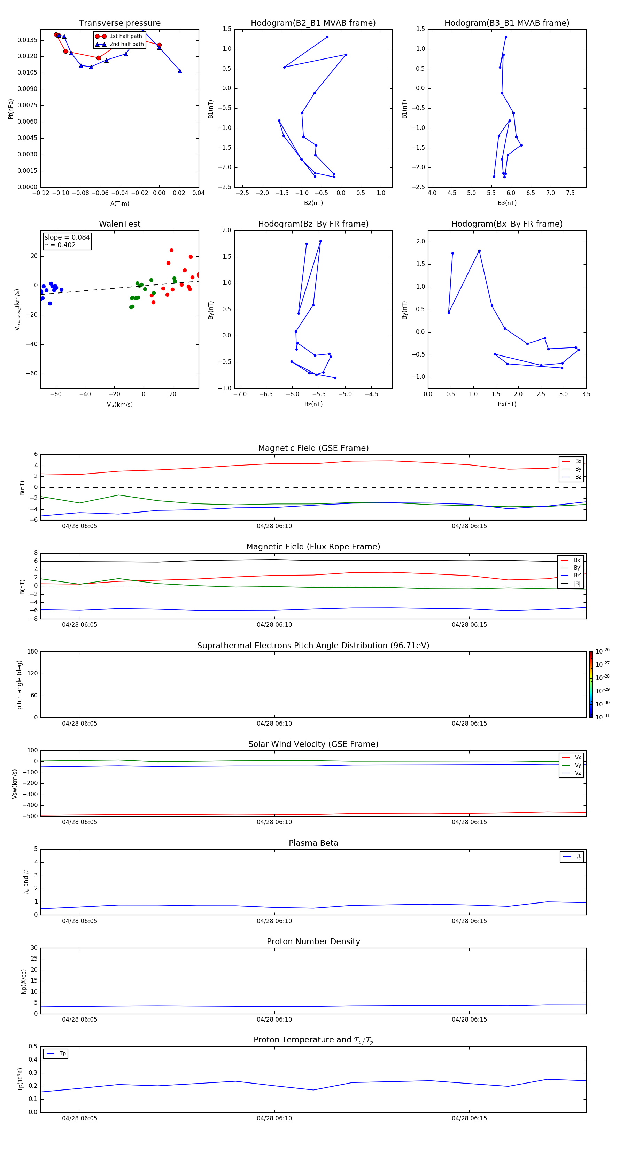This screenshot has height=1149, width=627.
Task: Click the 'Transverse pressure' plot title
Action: click(119, 23)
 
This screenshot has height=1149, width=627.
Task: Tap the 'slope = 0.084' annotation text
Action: click(67, 237)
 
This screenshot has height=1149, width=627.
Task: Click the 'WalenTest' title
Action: click(119, 224)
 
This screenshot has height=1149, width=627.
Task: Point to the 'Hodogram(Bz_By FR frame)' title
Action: click(313, 224)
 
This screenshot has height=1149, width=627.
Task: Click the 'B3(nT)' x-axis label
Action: click(507, 203)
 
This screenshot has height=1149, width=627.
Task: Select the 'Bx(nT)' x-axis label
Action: click(507, 404)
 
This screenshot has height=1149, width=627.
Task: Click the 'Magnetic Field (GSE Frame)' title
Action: click(313, 448)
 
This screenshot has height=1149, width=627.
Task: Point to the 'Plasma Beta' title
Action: click(313, 843)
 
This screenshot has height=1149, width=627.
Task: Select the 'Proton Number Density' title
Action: click(313, 941)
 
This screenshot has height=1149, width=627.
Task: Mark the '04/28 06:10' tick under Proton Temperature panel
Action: click(274, 1118)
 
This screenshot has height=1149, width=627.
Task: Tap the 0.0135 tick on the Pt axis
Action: click(27, 40)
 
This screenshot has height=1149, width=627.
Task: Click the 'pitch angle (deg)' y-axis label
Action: click(19, 685)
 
